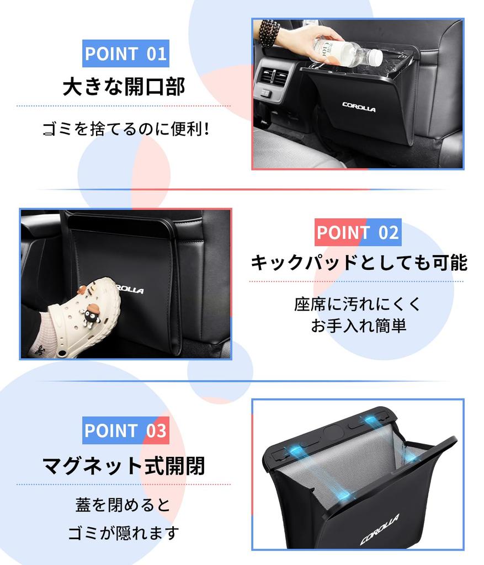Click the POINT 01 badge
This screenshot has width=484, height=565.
point(126,54)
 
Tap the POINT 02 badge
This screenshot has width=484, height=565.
point(358,232)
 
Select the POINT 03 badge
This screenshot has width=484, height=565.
point(126,430)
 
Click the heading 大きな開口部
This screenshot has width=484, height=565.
point(124,87)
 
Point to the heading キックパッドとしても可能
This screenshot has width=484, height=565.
point(359,263)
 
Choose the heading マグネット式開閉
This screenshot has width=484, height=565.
point(124,466)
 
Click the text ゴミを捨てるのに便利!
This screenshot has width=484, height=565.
point(126,130)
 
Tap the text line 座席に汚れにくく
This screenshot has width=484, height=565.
point(358,303)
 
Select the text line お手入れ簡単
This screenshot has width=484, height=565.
point(358,326)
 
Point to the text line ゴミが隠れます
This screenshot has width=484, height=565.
point(124,534)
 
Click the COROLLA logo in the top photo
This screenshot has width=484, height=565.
point(359,106)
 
